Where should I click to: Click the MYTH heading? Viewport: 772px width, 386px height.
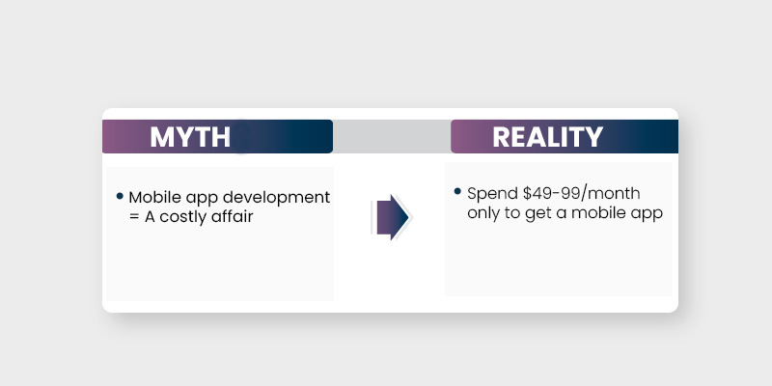pyautogui.click(x=190, y=137)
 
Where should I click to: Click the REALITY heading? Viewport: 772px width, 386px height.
pyautogui.click(x=547, y=137)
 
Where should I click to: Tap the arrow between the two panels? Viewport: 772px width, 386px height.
pyautogui.click(x=391, y=217)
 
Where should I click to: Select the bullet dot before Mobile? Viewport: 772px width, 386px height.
pyautogui.click(x=120, y=196)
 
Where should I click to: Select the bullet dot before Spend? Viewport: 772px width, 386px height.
pyautogui.click(x=457, y=192)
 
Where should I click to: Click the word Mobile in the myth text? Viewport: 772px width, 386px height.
pyautogui.click(x=152, y=197)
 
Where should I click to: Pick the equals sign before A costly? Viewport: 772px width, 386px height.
pyautogui.click(x=134, y=217)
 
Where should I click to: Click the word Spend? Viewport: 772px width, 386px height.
pyautogui.click(x=490, y=193)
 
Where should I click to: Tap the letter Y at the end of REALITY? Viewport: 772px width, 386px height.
pyautogui.click(x=593, y=137)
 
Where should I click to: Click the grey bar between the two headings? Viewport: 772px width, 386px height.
pyautogui.click(x=392, y=137)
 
